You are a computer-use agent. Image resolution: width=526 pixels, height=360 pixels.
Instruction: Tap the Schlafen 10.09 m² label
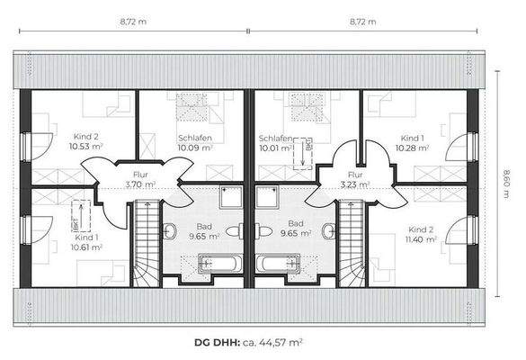click(194, 142)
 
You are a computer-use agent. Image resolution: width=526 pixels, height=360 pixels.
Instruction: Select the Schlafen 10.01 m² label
click(275, 143)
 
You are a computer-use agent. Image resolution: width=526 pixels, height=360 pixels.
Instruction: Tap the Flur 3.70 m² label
click(139, 179)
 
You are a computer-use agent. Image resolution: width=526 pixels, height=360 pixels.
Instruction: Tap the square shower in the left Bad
click(229, 196)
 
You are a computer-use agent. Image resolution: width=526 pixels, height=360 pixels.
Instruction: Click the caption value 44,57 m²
click(275, 343)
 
